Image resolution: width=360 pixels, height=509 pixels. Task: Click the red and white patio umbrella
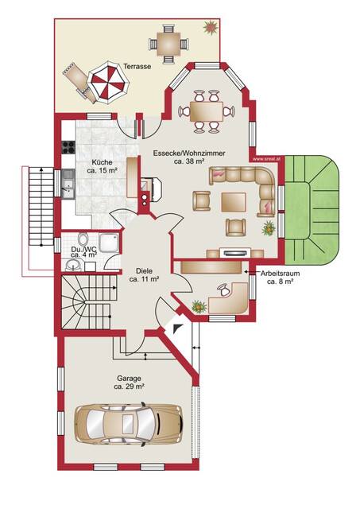click(108, 84)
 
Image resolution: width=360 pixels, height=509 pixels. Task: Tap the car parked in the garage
click(129, 423)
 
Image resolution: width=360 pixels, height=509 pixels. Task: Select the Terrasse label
click(137, 67)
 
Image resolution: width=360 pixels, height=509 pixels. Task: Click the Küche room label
click(103, 162)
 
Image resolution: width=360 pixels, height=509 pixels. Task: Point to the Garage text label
click(129, 379)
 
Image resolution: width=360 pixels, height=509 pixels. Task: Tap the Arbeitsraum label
click(281, 274)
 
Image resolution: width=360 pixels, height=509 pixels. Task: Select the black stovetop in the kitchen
click(68, 147)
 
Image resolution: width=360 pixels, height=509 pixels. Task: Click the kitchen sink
click(68, 185)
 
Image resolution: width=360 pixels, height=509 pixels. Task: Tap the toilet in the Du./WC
click(83, 239)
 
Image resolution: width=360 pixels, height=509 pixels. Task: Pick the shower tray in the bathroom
click(110, 242)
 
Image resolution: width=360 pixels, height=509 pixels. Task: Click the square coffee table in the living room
click(234, 202)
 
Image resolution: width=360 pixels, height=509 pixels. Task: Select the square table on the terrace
click(168, 44)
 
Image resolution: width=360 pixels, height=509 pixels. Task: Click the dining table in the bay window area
click(207, 111)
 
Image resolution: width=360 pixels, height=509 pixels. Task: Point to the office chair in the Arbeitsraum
click(224, 289)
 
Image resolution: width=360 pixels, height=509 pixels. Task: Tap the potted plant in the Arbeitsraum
click(199, 306)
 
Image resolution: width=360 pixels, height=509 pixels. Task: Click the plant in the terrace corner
click(211, 27)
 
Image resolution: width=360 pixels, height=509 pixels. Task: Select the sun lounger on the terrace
click(79, 83)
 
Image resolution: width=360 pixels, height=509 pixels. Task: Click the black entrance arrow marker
click(178, 328)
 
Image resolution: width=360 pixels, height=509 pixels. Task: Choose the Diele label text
click(145, 270)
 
